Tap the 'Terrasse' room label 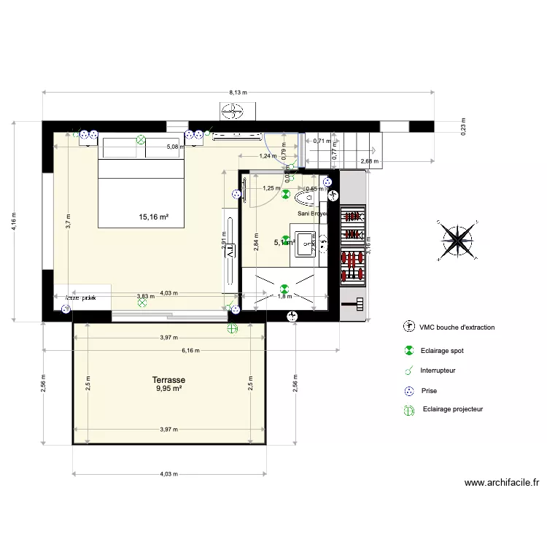coord(168,380)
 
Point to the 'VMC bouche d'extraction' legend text coord(457,327)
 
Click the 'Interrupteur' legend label coord(438,371)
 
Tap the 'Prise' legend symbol coord(409,391)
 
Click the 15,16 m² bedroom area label coord(154,217)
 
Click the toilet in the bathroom coord(305,198)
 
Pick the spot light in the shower coord(285,287)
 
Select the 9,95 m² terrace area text coord(168,389)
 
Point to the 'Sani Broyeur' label coord(314,214)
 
